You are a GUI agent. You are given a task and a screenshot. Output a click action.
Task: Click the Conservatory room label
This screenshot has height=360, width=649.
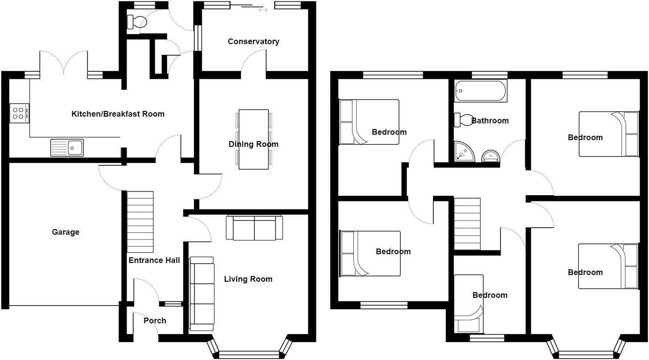click(x=253, y=41)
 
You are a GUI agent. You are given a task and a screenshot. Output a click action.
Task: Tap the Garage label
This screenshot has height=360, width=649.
click(x=66, y=232)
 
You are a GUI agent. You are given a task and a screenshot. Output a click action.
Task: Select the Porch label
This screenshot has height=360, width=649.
click(x=155, y=321)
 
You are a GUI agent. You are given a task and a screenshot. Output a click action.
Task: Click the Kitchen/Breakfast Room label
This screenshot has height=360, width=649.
click(x=118, y=114)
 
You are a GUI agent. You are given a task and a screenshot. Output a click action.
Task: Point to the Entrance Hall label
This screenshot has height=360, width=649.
click(x=154, y=260)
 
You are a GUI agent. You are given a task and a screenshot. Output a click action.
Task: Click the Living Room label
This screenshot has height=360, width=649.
click(x=248, y=279)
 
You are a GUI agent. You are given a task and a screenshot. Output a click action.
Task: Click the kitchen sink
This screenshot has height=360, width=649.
click(x=67, y=147)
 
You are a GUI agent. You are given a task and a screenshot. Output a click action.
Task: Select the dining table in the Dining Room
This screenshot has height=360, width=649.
click(x=254, y=139)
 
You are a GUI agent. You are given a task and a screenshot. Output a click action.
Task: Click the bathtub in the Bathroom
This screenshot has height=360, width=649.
click(x=481, y=91)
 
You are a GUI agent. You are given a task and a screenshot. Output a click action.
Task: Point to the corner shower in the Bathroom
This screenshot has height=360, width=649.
click(x=464, y=152)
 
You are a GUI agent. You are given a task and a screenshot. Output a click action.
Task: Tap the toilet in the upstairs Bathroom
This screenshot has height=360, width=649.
click(x=464, y=120)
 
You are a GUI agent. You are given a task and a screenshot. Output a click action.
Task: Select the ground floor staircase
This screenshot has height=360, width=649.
click(x=140, y=221)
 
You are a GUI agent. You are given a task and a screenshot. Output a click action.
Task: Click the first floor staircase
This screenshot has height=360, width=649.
click(x=467, y=224)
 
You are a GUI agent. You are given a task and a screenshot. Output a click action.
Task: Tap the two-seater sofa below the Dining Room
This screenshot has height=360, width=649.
click(x=255, y=228)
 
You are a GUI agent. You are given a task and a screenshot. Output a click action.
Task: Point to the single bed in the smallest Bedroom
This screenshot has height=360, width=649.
click(x=468, y=304)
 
